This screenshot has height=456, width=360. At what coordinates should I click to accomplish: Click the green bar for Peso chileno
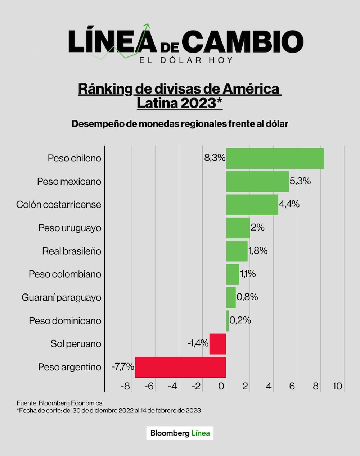(x=275, y=158)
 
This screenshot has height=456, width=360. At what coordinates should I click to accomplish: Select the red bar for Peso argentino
(x=180, y=367)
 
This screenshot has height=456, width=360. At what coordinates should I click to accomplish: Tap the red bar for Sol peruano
(x=217, y=344)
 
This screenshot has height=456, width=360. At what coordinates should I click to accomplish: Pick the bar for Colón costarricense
(x=252, y=205)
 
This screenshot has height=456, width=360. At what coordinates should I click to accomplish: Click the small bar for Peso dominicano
(x=227, y=321)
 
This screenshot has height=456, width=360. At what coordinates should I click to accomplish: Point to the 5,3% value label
(x=300, y=181)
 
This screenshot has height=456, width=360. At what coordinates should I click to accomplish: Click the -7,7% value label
(x=123, y=367)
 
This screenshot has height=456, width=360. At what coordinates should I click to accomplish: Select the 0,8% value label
(x=247, y=297)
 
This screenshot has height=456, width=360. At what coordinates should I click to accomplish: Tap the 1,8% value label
(x=258, y=251)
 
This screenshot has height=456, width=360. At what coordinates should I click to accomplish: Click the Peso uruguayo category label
(x=70, y=228)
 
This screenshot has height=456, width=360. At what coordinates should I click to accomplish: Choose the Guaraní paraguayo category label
(x=61, y=297)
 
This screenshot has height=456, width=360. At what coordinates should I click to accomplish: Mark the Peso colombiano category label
(x=65, y=274)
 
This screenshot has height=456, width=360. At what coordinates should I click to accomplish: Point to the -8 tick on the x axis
(x=125, y=386)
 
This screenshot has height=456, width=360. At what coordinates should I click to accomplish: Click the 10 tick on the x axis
(x=337, y=386)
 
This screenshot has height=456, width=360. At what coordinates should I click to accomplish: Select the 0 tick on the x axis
(x=221, y=386)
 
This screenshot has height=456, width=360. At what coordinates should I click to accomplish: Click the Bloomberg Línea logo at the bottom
(x=180, y=433)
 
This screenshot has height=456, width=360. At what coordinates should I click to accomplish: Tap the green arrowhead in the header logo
(x=146, y=26)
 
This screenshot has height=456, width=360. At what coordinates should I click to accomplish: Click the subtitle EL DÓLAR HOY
(x=186, y=60)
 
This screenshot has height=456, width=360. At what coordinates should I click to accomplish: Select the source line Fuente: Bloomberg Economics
(x=59, y=403)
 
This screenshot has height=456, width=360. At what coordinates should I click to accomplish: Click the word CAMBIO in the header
(x=245, y=41)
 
